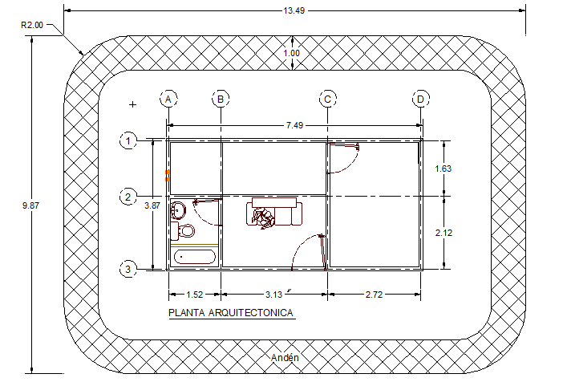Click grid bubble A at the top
coord(168,99)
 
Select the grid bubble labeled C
coord(328,99)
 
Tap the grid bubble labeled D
coord(421,99)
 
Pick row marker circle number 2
coord(128,197)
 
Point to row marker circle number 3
coord(128,269)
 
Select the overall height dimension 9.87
coord(30,205)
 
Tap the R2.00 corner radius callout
coord(31,25)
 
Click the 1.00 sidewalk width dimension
coord(292,53)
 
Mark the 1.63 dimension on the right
coord(443,169)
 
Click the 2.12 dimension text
coord(443,232)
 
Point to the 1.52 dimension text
coord(193,295)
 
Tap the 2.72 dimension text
coord(373,295)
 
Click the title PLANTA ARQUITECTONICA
coord(230,313)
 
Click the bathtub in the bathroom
coord(195,257)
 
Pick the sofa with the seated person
coord(275,213)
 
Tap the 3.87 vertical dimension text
coord(152,205)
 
